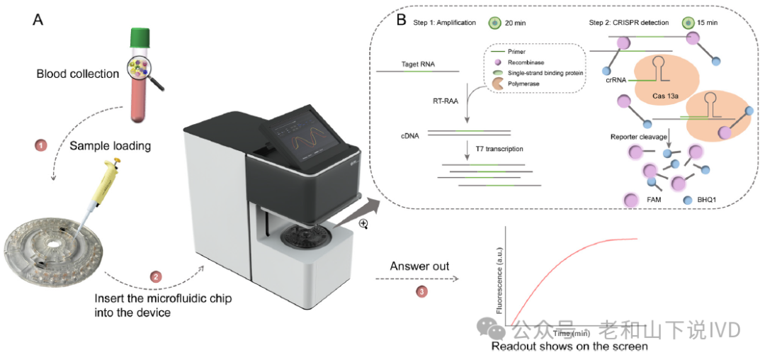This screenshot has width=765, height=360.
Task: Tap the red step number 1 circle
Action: (x=41, y=145)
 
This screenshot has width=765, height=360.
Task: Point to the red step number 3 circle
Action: (x=420, y=290)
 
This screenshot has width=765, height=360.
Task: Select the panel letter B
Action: (x=401, y=19)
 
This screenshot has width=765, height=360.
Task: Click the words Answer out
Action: (x=420, y=267)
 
